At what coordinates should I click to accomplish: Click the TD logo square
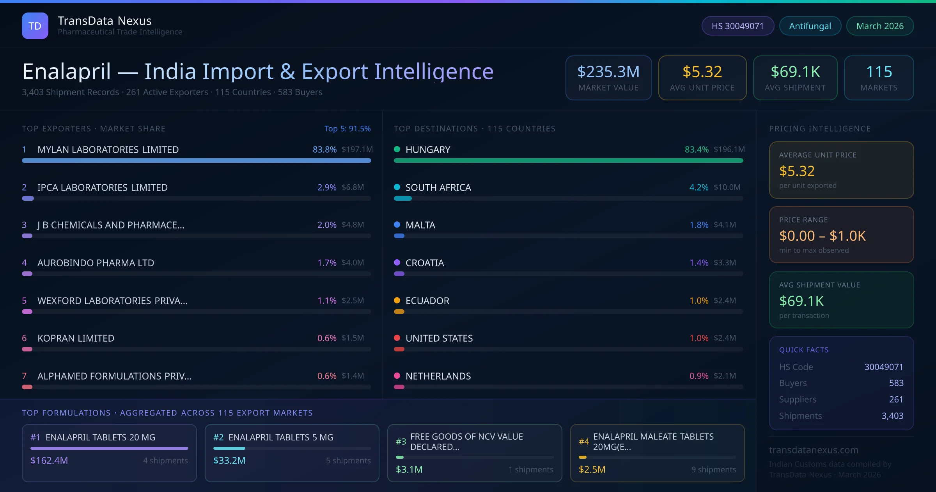click(x=35, y=26)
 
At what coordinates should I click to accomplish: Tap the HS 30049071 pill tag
click(x=737, y=26)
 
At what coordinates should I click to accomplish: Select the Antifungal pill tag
click(x=810, y=26)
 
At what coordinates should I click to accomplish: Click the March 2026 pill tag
click(x=880, y=26)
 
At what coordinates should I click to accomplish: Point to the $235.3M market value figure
click(x=608, y=72)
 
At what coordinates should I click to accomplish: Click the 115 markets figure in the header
click(x=879, y=72)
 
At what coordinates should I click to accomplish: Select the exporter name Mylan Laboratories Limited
click(x=108, y=150)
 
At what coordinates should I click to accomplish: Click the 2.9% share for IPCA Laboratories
click(x=327, y=187)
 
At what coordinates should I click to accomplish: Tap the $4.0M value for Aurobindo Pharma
click(x=353, y=263)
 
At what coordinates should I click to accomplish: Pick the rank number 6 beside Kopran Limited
click(x=24, y=338)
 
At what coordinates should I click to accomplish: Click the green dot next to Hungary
click(x=397, y=149)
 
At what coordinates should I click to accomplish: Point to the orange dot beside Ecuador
click(x=397, y=300)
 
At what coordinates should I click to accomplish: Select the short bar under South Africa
click(x=403, y=198)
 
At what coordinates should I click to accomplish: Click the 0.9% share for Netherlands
click(x=699, y=376)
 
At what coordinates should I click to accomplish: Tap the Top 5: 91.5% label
click(x=347, y=128)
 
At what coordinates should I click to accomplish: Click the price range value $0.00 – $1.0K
click(x=822, y=236)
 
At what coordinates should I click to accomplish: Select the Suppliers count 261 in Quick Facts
click(x=896, y=399)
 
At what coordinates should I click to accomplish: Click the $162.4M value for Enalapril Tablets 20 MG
click(x=49, y=461)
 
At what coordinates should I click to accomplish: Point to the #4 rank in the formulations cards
click(x=584, y=442)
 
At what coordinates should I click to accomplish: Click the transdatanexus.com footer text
click(x=814, y=450)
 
